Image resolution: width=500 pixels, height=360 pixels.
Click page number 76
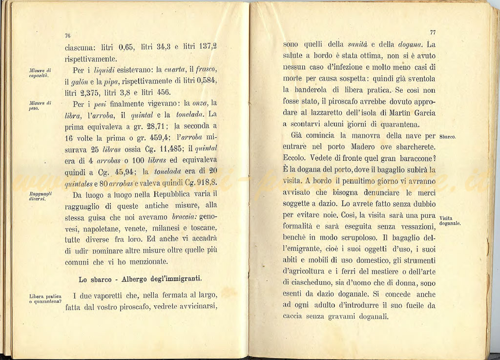pos(68,35)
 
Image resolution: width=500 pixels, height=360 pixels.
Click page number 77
pos(433,32)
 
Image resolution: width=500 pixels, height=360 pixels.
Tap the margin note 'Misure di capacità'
pos(40,73)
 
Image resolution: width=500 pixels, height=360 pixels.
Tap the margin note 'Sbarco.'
pos(447,137)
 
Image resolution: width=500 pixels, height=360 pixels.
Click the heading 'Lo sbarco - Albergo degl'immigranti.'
pos(141,279)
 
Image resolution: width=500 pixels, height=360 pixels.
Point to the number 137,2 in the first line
pos(207,47)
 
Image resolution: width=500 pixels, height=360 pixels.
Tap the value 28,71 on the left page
pos(151,126)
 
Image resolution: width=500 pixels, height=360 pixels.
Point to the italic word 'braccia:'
pos(185,216)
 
